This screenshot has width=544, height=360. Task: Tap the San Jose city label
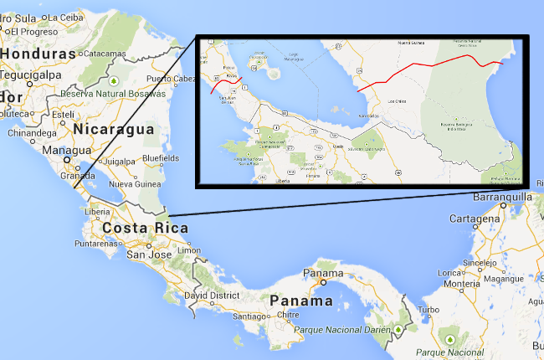coord(150,254)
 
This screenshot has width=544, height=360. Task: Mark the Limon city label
coord(190,250)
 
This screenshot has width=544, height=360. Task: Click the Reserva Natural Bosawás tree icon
coord(113,82)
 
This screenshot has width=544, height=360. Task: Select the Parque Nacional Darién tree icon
coord(400,329)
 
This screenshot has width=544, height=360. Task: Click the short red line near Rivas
coord(226,85)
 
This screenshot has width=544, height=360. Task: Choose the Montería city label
coord(461,284)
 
